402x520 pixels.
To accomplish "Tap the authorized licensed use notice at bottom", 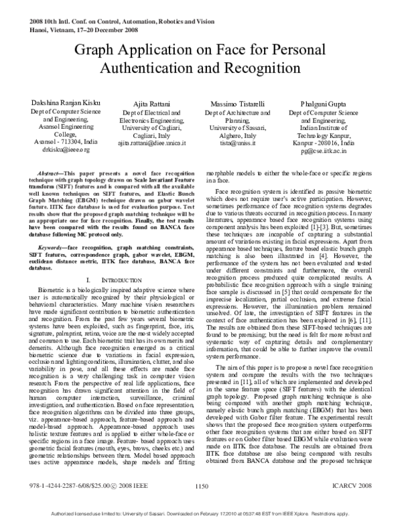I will pos(201,513).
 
